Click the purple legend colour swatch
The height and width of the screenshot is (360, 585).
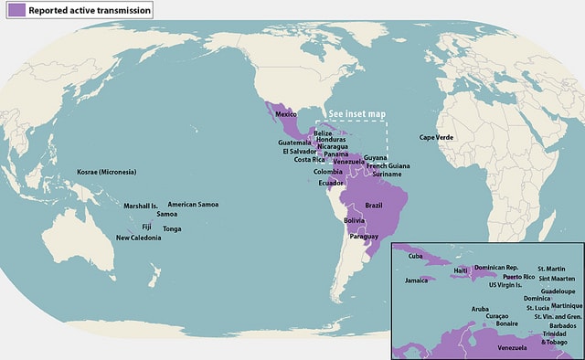(14, 9)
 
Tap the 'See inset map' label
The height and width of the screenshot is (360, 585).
(356, 114)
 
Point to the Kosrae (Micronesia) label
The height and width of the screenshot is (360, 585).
(106, 172)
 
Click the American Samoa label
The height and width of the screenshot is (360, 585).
(193, 205)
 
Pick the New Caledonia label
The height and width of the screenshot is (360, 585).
(138, 238)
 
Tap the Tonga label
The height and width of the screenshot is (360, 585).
(172, 228)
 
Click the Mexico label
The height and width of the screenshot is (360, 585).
(287, 114)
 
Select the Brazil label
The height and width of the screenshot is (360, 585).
(373, 206)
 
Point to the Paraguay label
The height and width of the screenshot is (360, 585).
(364, 237)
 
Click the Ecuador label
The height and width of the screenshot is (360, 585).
(331, 183)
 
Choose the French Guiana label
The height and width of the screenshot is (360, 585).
(388, 166)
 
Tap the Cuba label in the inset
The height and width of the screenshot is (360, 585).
(415, 256)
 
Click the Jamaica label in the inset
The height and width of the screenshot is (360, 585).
(416, 281)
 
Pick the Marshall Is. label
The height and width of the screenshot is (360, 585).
(141, 206)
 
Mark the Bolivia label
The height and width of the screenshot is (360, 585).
(355, 221)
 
